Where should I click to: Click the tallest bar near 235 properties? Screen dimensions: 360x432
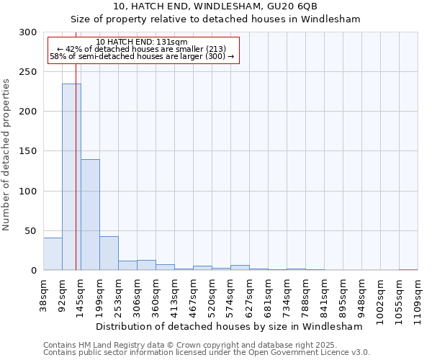point(71,177)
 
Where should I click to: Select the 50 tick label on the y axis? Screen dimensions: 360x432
point(31,231)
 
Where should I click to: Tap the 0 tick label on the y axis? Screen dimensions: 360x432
point(34,271)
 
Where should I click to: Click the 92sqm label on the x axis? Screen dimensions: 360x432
point(63,294)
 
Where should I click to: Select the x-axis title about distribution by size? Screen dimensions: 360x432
point(228,326)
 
